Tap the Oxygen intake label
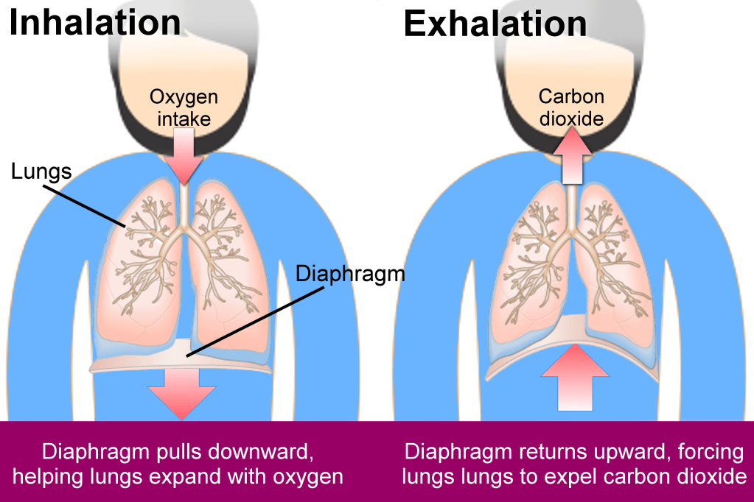click(184, 107)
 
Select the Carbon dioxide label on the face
click(571, 107)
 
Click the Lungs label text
click(41, 172)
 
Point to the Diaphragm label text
click(350, 274)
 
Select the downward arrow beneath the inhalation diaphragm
click(182, 394)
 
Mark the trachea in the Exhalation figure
click(572, 206)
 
